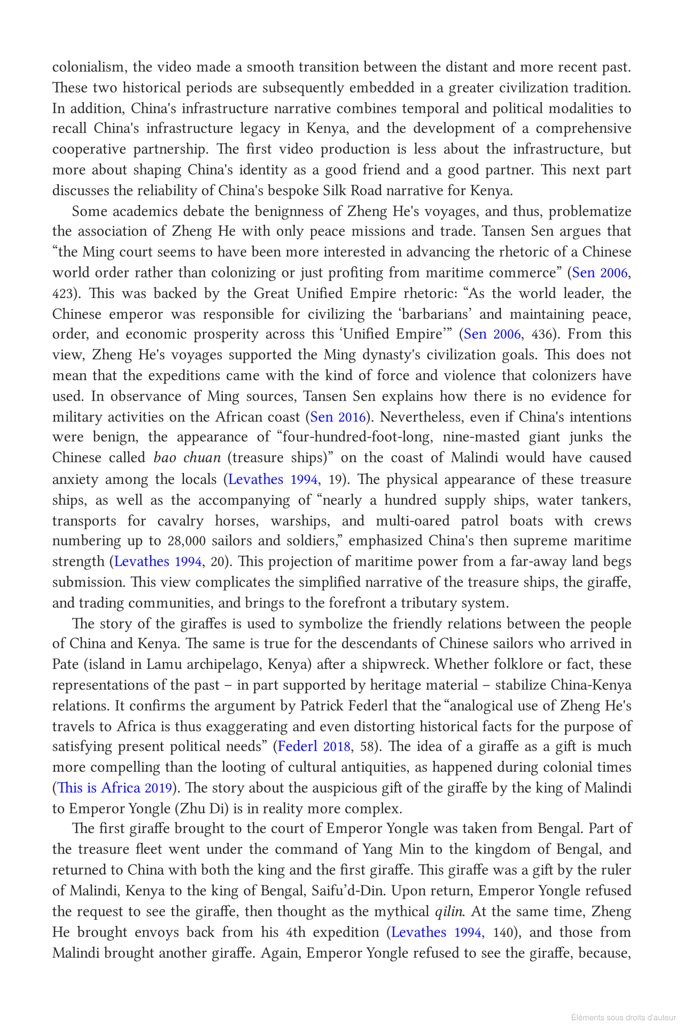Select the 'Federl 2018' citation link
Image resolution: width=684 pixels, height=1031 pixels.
pos(314,747)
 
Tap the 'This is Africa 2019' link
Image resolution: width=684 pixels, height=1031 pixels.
pos(114,788)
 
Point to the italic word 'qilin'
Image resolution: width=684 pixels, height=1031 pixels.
pos(448,912)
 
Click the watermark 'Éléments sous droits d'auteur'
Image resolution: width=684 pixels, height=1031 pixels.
pos(623,1017)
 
